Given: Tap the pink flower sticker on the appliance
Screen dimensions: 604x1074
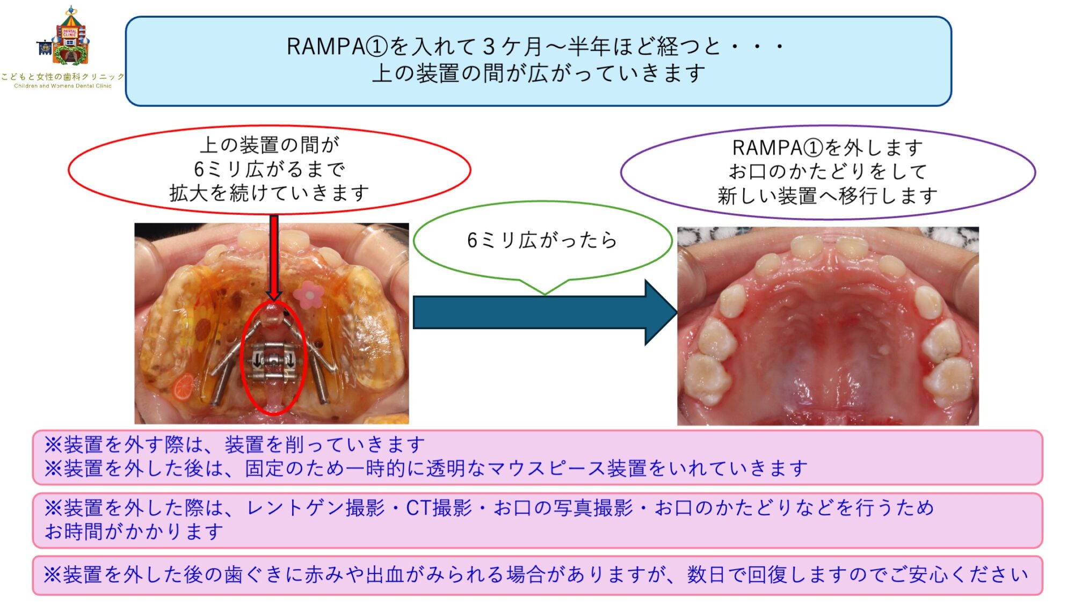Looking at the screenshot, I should (x=308, y=294).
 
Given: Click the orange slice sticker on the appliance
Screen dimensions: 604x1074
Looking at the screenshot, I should (x=183, y=387).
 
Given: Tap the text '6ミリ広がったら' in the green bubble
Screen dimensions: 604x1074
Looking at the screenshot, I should (x=542, y=240).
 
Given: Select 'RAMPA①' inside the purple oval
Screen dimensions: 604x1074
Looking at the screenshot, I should (x=778, y=148).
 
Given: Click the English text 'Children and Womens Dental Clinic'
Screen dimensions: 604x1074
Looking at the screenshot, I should (x=63, y=86).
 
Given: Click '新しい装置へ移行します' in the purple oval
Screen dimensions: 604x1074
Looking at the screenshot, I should (x=828, y=196).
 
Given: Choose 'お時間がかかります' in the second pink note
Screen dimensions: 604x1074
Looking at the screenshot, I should (x=134, y=532).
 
